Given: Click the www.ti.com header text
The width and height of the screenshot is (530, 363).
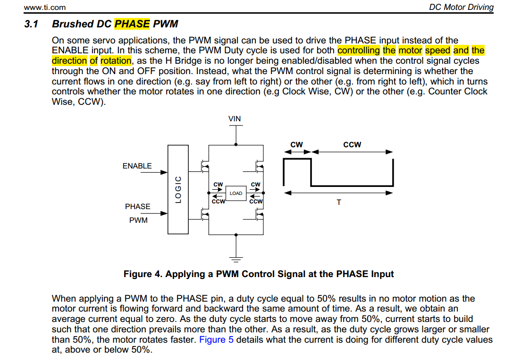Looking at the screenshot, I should tap(45, 7).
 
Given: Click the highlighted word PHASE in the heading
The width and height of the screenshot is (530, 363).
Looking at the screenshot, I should tap(132, 23).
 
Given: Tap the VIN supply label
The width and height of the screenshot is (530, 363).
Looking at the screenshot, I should tap(235, 118).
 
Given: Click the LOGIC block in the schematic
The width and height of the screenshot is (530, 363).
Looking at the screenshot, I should tap(178, 189).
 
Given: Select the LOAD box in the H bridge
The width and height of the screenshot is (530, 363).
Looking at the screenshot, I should tap(236, 193).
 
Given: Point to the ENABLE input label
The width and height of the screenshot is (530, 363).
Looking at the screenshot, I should tap(137, 166).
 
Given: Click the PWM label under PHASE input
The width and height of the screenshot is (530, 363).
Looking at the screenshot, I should tap(138, 220).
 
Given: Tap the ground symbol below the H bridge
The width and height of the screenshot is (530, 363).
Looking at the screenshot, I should tap(236, 258).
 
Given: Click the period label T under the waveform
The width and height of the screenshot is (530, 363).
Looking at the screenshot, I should tap(338, 202).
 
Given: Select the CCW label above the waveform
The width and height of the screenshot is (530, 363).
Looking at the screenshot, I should tap(352, 144).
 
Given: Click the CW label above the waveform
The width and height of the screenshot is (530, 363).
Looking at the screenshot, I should tap(297, 144).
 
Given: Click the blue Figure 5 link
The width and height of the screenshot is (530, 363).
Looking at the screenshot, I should tap(216, 340).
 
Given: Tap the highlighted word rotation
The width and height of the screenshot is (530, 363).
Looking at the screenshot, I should tap(116, 60).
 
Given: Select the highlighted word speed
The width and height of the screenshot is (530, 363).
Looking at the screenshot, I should tap(437, 51).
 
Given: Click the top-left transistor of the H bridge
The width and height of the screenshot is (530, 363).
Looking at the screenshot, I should tap(206, 165).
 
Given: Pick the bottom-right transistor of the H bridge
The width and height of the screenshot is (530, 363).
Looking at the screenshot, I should tap(259, 215).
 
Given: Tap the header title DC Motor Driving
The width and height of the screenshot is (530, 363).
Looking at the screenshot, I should tap(461, 7).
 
